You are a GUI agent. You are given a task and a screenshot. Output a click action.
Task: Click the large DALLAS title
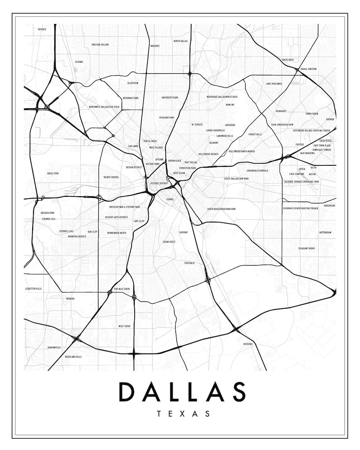182,392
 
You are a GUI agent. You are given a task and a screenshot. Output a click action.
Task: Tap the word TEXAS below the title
183,414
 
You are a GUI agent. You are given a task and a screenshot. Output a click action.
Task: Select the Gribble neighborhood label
42,29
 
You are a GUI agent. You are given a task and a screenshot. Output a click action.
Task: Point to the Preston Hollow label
100,45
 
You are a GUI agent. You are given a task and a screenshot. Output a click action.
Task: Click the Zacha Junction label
308,69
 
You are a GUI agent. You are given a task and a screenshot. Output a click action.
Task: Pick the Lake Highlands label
274,84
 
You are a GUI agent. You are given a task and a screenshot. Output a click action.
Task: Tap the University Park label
170,97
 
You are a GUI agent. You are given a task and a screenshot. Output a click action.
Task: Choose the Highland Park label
166,117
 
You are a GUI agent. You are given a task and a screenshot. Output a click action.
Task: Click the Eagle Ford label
53,173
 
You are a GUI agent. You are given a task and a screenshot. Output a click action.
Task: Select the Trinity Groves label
111,177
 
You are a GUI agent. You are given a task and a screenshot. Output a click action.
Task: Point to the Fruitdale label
189,263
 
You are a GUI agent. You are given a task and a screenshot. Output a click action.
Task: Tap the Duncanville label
54,348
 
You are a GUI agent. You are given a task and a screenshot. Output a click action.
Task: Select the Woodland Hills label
73,357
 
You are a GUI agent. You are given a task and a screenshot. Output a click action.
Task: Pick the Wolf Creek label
124,326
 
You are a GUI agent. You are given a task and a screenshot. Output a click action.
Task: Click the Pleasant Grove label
306,248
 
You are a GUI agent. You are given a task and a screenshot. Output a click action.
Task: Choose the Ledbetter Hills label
33,289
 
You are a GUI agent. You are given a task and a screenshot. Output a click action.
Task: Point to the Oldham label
79,62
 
